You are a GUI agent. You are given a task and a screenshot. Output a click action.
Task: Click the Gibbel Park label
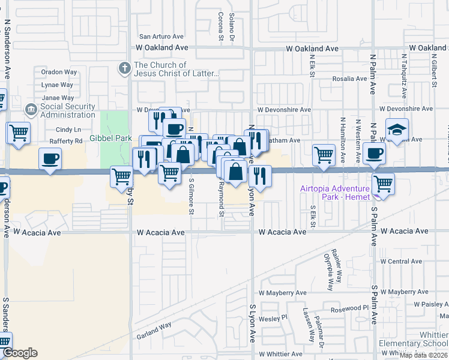coord(110,138)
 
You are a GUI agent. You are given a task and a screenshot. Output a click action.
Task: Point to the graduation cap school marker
coord(397,130)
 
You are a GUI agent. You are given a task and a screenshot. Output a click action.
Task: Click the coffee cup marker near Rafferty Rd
coord(50,159)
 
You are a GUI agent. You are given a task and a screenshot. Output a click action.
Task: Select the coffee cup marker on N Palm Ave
coord(374,153)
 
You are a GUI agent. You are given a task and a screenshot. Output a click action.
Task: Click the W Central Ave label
coord(401,262)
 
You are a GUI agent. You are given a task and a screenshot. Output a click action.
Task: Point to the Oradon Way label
coord(59,72)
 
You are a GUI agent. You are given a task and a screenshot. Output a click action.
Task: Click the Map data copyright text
coord(423,355)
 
